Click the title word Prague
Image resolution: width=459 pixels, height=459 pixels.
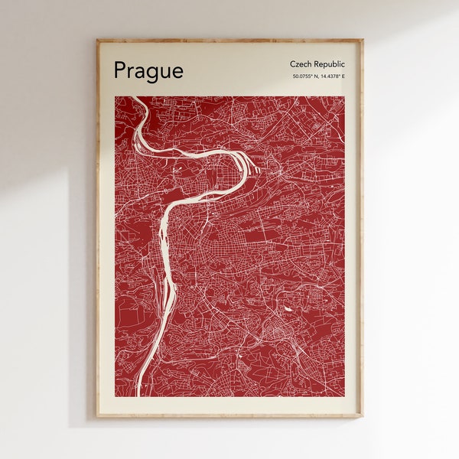tap(148, 71)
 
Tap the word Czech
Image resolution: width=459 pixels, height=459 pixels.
tap(301, 64)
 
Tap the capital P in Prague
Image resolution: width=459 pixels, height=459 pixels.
tap(119, 70)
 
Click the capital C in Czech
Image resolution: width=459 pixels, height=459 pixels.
tap(293, 64)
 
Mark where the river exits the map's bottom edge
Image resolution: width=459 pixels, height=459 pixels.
tap(140, 395)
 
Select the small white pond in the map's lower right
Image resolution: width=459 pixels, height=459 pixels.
tap(288, 308)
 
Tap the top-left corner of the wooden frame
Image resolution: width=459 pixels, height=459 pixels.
tap(97, 40)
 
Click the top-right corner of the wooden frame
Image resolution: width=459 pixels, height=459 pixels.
tap(363, 40)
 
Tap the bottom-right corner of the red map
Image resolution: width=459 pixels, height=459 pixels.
tap(344, 396)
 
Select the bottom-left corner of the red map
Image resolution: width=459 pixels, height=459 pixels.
tap(116, 396)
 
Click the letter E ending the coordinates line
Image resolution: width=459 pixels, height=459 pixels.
tap(343, 76)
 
